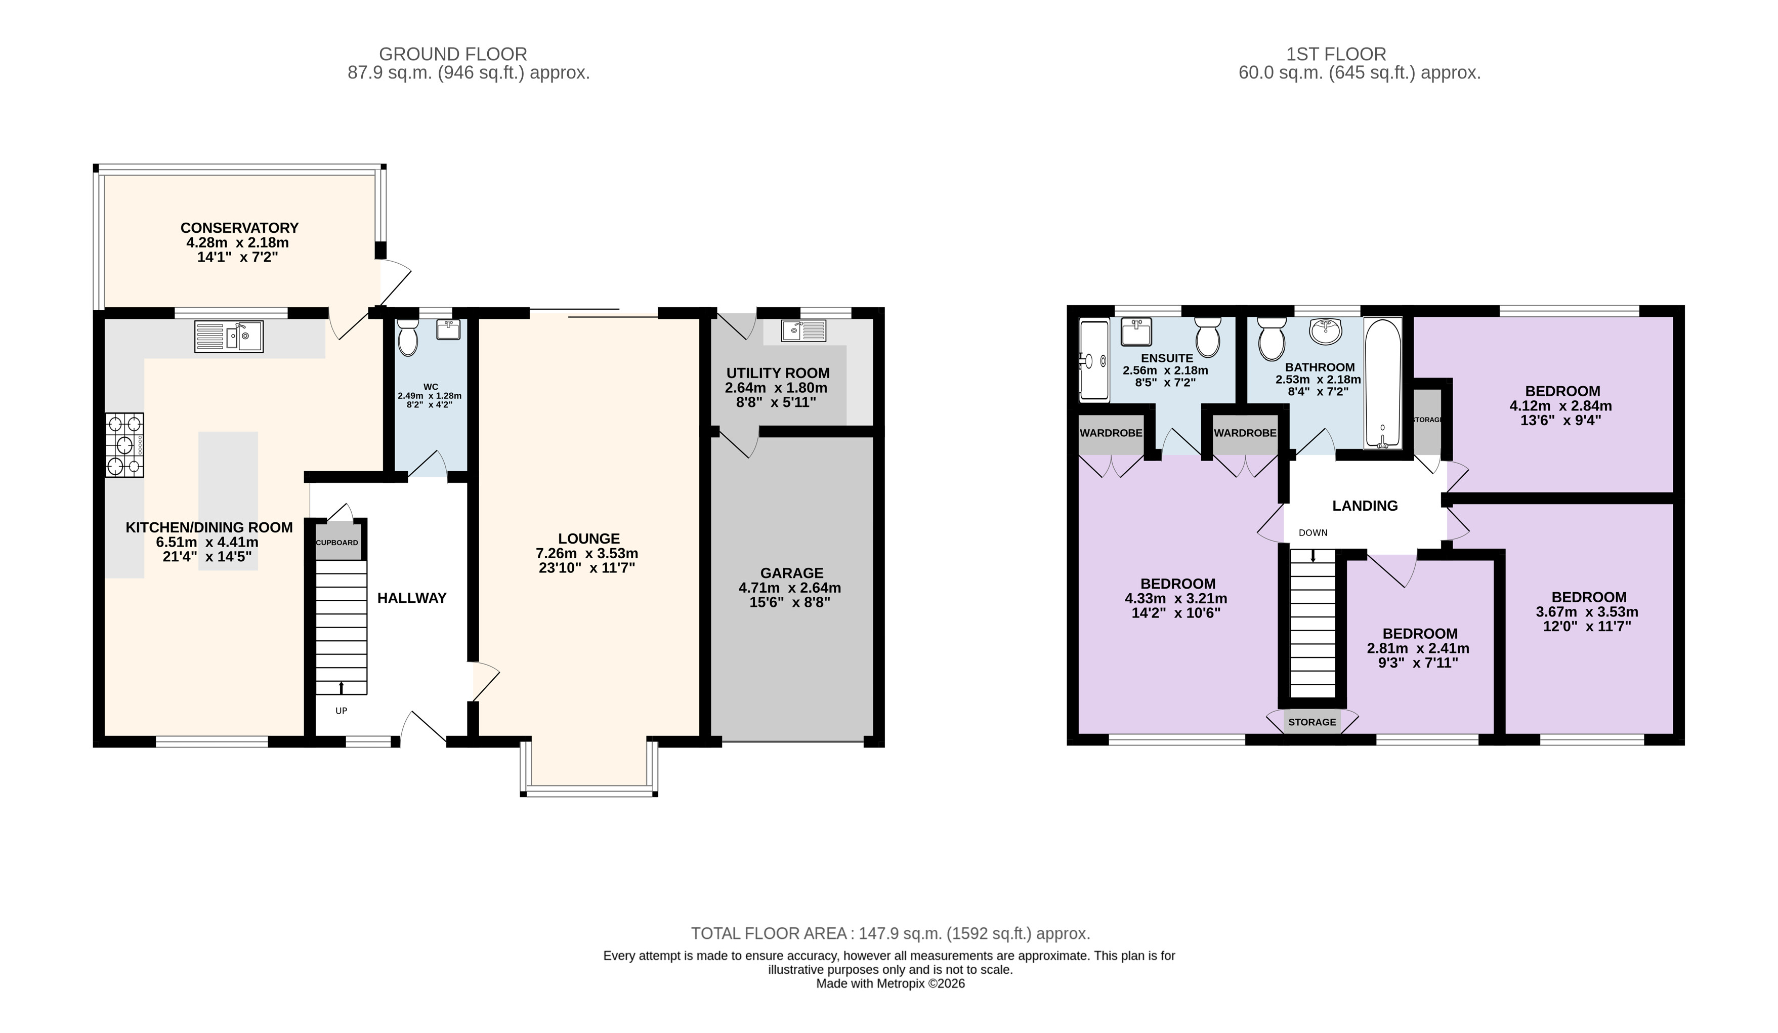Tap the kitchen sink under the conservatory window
tap(229, 337)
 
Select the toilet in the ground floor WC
tap(408, 338)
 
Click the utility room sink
tap(803, 330)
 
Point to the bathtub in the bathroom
tap(1382, 383)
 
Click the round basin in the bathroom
tap(1326, 332)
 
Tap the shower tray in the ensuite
tap(1094, 361)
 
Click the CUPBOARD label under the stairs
tap(337, 543)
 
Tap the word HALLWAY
tap(412, 598)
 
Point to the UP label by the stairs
tap(342, 711)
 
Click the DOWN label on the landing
tap(1313, 533)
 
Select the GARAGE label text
tap(792, 573)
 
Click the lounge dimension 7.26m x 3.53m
tap(587, 554)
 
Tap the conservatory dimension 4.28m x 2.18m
tap(238, 243)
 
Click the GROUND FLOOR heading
tap(453, 54)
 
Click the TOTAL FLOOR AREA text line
tap(891, 933)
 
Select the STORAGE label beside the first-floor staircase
tap(1313, 722)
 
